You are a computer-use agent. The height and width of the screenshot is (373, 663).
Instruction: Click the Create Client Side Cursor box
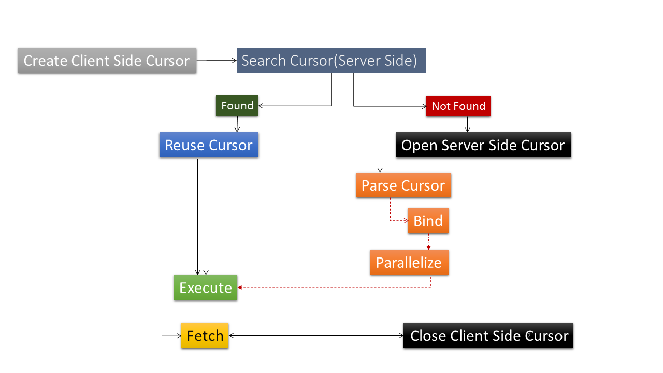(107, 61)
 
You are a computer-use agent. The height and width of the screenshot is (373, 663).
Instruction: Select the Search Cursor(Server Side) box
(331, 60)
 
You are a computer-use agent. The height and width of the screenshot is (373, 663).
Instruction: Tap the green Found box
(237, 106)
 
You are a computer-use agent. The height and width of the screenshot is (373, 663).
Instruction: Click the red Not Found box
(458, 106)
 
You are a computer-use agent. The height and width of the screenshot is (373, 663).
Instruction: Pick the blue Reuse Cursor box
(209, 145)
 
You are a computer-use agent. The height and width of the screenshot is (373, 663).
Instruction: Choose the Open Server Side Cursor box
(484, 145)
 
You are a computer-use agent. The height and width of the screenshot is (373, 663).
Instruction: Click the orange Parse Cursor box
(403, 185)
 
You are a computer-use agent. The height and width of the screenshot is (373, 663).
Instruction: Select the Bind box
(428, 221)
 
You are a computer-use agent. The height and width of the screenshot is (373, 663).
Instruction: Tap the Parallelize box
(409, 262)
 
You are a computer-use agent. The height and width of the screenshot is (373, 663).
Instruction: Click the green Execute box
(206, 288)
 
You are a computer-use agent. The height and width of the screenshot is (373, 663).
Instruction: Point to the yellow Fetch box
(205, 335)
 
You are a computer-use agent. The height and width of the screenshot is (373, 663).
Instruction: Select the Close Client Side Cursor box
(488, 335)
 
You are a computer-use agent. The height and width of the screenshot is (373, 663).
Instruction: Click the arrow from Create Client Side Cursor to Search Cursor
(217, 61)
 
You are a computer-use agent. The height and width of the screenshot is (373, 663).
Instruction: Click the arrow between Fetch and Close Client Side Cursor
(316, 335)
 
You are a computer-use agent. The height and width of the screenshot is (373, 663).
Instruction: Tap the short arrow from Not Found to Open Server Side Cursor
(467, 124)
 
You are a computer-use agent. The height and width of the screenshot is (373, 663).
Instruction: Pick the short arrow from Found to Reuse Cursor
(237, 124)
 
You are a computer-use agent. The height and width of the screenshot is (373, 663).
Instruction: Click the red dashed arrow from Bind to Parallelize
(428, 241)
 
